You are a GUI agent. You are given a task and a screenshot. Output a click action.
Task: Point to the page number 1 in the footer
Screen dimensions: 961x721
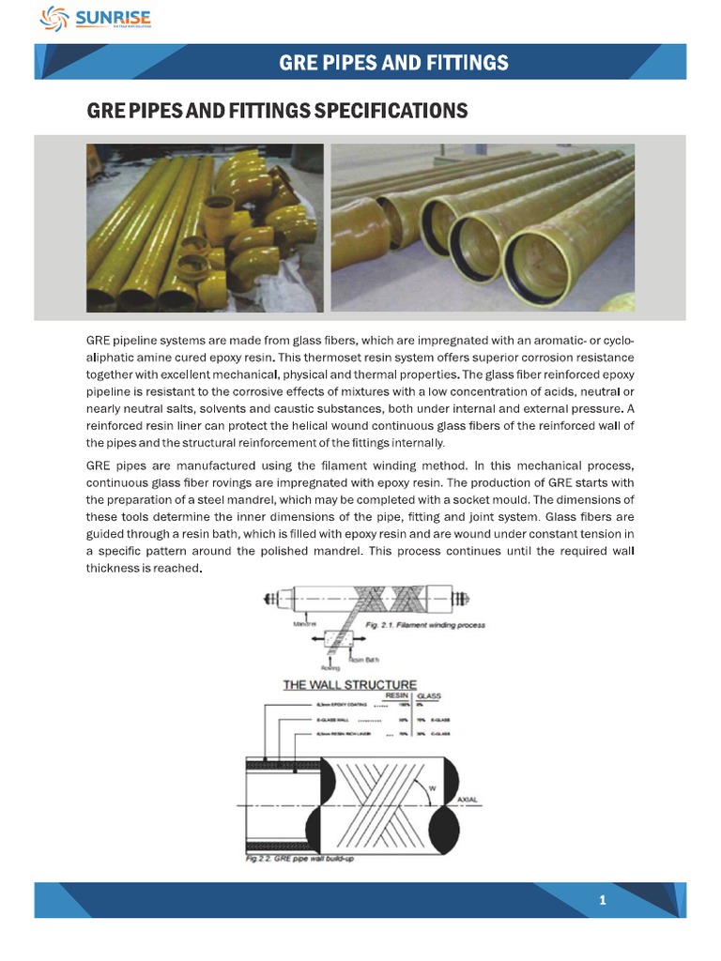(603, 901)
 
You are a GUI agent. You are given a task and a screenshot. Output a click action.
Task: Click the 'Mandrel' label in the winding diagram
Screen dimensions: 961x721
(304, 622)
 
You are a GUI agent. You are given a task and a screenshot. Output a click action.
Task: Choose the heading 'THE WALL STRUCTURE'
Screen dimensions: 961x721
(350, 685)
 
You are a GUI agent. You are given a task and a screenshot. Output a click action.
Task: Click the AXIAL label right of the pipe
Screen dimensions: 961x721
(467, 800)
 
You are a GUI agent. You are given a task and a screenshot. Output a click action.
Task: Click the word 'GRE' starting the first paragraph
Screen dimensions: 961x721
(99, 339)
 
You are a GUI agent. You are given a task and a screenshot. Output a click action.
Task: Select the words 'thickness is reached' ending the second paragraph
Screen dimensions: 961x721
(144, 569)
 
